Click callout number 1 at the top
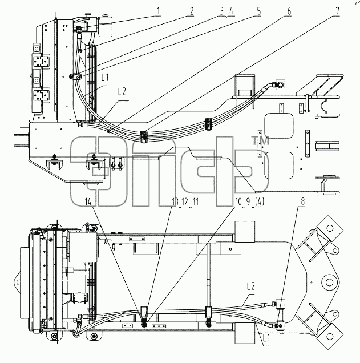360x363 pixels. [159, 11]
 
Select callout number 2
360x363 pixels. [192, 11]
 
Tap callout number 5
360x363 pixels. [258, 11]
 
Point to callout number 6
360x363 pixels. [289, 11]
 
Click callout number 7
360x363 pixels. [338, 11]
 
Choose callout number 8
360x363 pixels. [302, 202]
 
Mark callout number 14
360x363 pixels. [88, 202]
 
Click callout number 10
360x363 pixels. [238, 202]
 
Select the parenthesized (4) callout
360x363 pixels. [260, 202]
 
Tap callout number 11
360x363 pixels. [196, 202]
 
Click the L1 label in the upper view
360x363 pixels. [105, 78]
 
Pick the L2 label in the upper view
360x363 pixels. [122, 92]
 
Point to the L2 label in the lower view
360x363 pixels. [251, 287]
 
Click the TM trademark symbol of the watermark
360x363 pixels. [260, 141]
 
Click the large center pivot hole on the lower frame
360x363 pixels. [329, 283]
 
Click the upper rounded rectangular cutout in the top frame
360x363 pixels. [279, 126]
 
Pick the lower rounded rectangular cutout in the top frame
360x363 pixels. [279, 166]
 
